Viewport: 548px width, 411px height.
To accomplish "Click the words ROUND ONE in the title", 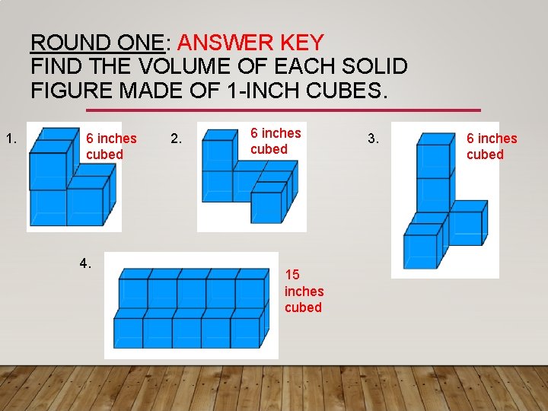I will coord(97,42).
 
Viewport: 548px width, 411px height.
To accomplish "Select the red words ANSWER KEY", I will coord(250,42).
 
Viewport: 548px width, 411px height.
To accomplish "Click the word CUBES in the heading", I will coord(346,91).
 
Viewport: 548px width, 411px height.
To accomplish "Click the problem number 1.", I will coord(11,139).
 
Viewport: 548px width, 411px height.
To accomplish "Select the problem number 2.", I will coord(176,139).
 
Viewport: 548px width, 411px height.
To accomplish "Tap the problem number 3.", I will coord(373,139).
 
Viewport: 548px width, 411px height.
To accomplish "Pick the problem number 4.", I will coord(85,264).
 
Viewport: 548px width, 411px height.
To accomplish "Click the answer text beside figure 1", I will coord(111,146).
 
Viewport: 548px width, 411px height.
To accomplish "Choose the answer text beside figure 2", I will coord(276,141).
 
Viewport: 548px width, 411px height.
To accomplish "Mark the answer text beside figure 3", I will coord(491,146).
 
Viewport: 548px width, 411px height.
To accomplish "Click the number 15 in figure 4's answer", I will coord(292,275).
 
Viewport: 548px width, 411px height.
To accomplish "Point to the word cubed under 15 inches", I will coord(303,307).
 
